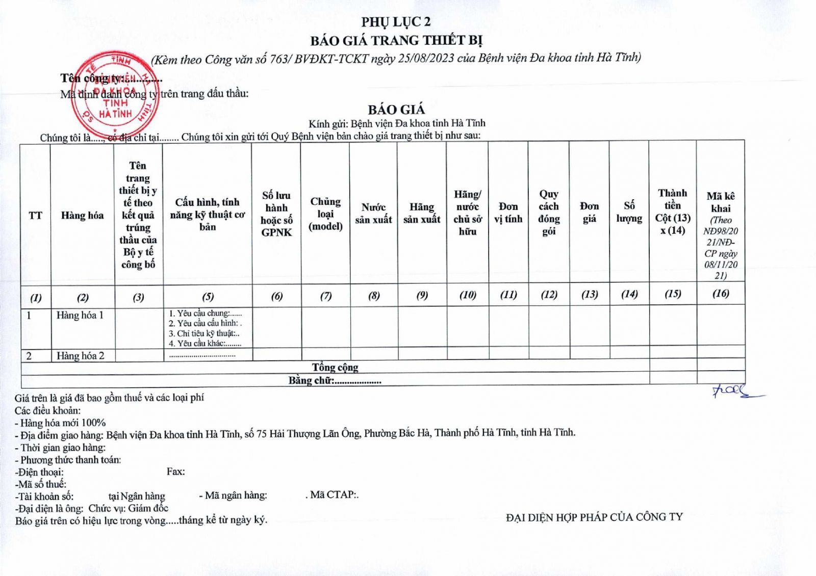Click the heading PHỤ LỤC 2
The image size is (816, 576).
click(x=396, y=22)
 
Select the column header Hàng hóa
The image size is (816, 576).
click(x=82, y=216)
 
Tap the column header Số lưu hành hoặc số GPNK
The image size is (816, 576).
click(x=276, y=214)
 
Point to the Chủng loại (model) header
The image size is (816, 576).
click(x=325, y=214)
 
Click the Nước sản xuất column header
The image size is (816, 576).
click(x=373, y=214)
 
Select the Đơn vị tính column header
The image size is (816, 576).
click(x=508, y=213)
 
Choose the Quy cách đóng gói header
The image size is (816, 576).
click(x=549, y=213)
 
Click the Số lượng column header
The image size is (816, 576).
click(x=629, y=212)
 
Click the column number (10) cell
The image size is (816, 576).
click(x=468, y=295)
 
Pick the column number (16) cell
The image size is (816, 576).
click(x=721, y=293)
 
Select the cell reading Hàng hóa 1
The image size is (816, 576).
click(x=80, y=316)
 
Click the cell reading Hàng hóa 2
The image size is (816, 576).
click(x=81, y=356)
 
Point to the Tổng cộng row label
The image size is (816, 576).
click(x=335, y=368)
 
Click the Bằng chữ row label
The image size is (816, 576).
click(x=335, y=380)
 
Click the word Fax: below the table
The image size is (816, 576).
click(x=175, y=472)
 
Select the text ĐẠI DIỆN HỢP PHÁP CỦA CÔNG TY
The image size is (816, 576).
click(x=594, y=517)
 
